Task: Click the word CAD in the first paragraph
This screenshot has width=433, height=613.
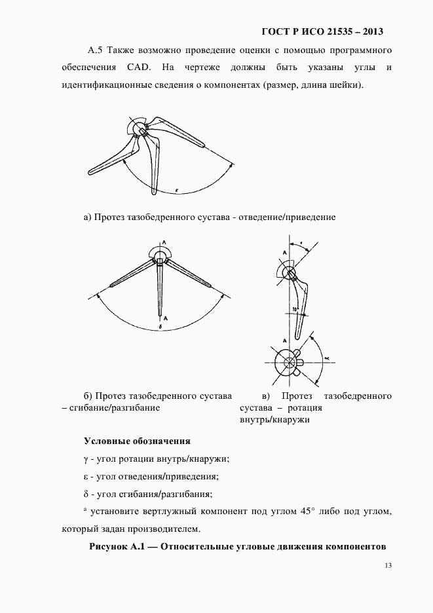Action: coord(135,67)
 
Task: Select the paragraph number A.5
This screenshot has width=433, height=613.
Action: coord(96,50)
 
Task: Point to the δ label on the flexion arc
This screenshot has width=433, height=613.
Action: coord(160,325)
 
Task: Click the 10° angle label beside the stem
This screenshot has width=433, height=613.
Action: coord(287,308)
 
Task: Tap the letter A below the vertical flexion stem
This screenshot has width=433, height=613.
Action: coord(165,317)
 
